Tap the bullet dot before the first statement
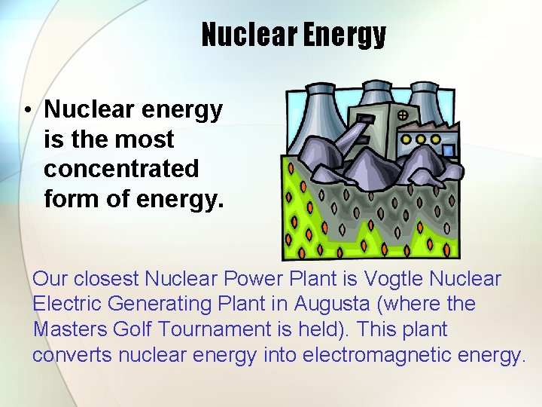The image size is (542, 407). click(26, 111)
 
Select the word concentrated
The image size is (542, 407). click(121, 168)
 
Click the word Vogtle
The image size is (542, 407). click(393, 279)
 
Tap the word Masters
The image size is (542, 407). click(70, 329)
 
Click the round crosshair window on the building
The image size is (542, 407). click(403, 115)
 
